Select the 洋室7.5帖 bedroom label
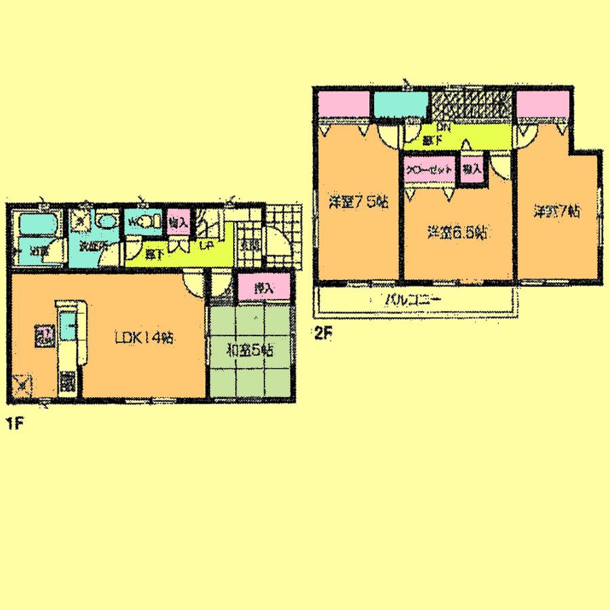(x=359, y=203)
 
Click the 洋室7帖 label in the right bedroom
(x=556, y=211)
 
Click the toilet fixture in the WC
(x=150, y=221)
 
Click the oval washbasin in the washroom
(x=106, y=222)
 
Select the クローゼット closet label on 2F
(x=429, y=171)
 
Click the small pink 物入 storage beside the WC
(x=178, y=223)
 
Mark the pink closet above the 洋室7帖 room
(x=543, y=104)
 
